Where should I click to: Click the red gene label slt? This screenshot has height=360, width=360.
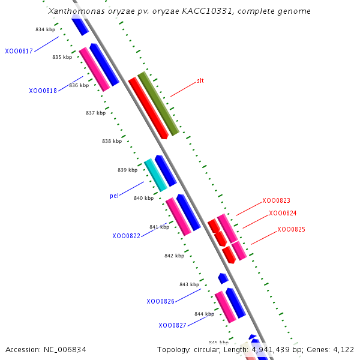click(x=200, y=80)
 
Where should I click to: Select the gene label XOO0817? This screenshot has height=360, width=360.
click(x=19, y=52)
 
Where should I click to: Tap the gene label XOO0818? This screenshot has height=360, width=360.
click(x=43, y=91)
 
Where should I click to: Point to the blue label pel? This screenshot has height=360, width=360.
click(x=114, y=196)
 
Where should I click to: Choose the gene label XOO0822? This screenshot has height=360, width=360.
click(x=126, y=236)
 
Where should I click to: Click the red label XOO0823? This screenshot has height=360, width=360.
click(x=276, y=200)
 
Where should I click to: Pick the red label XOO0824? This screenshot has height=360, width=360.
click(x=283, y=213)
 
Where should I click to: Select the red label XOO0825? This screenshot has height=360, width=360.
click(x=291, y=229)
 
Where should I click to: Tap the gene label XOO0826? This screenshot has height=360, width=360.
click(x=160, y=301)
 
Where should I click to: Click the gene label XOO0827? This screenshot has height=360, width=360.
click(x=172, y=325)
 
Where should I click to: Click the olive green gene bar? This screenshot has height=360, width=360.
click(x=158, y=103)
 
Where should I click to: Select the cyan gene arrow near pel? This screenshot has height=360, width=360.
click(x=155, y=175)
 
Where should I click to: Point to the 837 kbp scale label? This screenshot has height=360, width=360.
click(x=95, y=113)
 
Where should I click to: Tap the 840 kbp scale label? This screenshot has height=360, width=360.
click(x=143, y=198)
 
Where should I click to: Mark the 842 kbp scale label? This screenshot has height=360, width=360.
click(x=174, y=256)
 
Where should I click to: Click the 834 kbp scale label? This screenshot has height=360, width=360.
click(x=45, y=29)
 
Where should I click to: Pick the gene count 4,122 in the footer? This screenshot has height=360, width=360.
click(x=343, y=349)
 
